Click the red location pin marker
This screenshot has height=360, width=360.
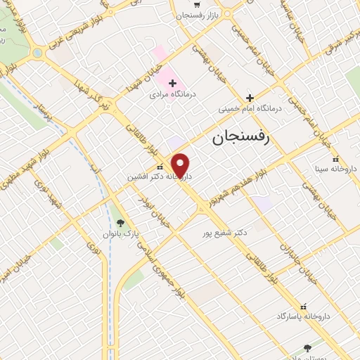click(181, 165)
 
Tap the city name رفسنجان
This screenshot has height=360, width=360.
click(240, 139)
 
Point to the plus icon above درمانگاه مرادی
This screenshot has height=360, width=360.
click(172, 83)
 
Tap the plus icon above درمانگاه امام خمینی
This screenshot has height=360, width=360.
click(250, 98)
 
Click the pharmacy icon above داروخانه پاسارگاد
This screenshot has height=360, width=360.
click(304, 307)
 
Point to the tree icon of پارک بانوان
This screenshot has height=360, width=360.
click(120, 221)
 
